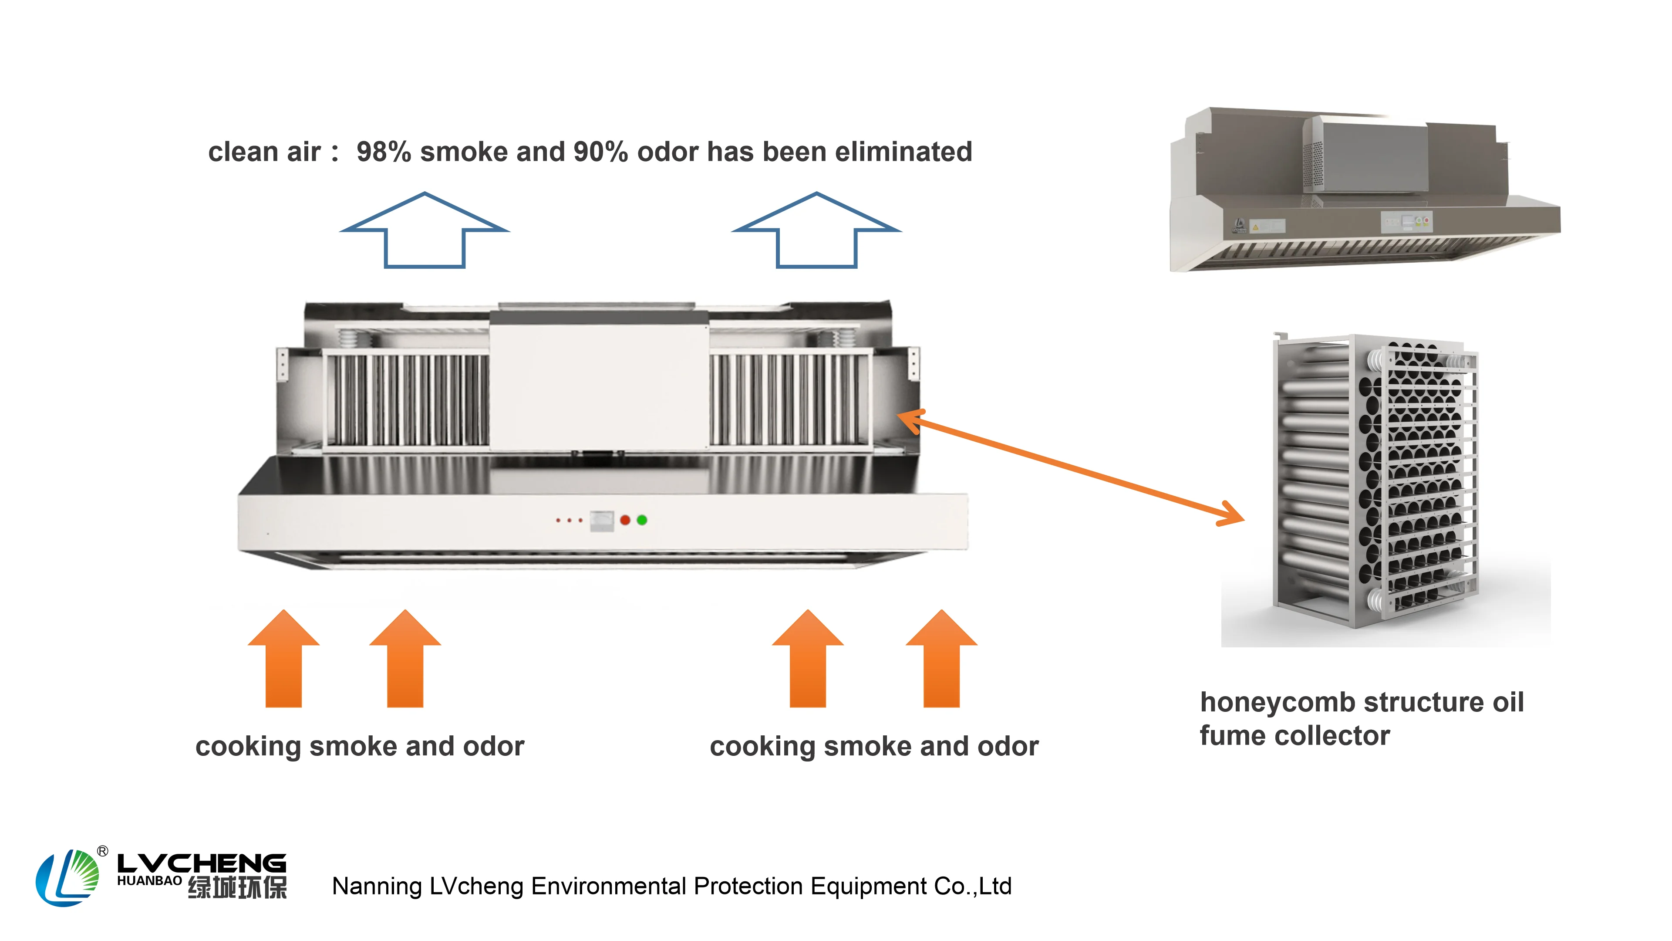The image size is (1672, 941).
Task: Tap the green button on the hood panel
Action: point(642,520)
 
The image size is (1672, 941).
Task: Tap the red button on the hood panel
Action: point(625,520)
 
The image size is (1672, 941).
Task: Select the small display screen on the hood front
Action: point(602,520)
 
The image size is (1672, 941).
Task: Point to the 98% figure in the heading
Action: point(383,152)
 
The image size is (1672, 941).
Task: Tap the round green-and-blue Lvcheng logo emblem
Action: point(67,877)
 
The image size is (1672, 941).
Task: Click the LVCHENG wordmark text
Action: point(201,864)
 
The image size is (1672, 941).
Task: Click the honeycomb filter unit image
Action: point(1376,481)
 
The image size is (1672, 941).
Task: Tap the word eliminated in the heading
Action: point(903,152)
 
